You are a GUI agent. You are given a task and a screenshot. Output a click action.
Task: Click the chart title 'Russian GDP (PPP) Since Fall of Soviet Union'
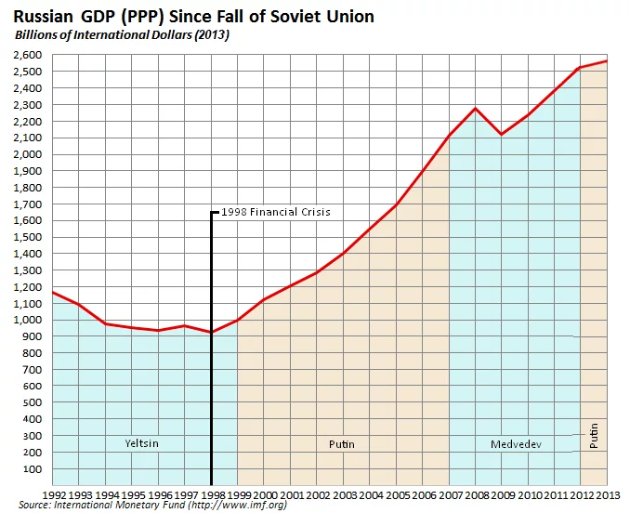(x=193, y=16)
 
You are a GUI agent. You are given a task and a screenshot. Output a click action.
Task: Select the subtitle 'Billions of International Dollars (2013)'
(x=121, y=34)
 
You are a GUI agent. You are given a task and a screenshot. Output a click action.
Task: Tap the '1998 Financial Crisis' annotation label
(x=276, y=212)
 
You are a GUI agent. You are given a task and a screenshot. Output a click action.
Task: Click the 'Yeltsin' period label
(x=141, y=443)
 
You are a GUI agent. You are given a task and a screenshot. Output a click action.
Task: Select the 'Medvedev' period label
(x=516, y=444)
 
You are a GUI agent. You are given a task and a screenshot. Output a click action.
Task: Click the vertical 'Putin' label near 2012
(x=594, y=434)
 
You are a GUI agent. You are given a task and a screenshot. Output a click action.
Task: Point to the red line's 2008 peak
(x=476, y=109)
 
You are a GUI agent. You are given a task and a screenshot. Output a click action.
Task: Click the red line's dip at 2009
(x=502, y=135)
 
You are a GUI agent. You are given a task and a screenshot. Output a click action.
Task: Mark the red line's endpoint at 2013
(x=608, y=61)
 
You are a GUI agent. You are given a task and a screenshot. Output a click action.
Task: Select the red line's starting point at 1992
(x=53, y=293)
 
